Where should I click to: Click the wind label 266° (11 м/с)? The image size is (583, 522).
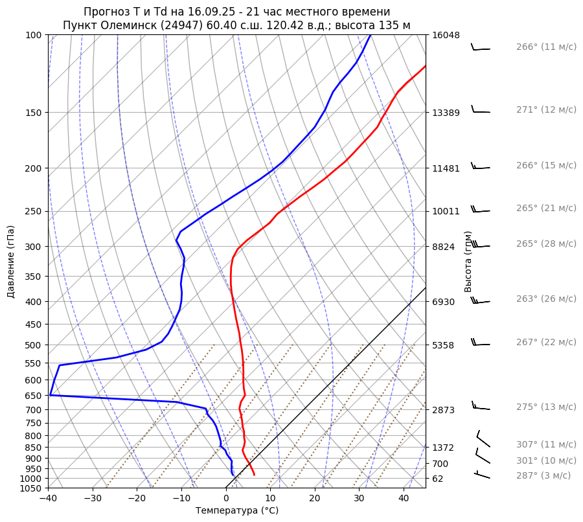click(546, 47)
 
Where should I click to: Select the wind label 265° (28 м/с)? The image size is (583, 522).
click(546, 244)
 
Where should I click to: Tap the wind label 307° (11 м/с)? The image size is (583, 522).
click(546, 445)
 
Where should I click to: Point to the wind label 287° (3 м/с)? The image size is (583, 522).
click(543, 475)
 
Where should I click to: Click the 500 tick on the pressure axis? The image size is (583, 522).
click(35, 345)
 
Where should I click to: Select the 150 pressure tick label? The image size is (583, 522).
click(35, 113)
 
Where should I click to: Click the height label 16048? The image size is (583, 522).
click(446, 35)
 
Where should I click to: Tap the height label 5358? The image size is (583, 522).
click(443, 345)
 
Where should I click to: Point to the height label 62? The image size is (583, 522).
click(438, 479)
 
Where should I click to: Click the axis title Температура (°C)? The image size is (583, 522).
click(237, 511)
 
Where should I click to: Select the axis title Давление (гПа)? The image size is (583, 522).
click(11, 262)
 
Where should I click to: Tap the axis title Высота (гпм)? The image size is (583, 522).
click(468, 262)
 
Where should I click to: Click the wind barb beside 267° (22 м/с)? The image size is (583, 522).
click(480, 343)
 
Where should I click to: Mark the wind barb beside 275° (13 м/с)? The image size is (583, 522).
click(481, 407)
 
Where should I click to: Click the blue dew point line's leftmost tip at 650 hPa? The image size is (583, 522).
click(50, 395)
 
